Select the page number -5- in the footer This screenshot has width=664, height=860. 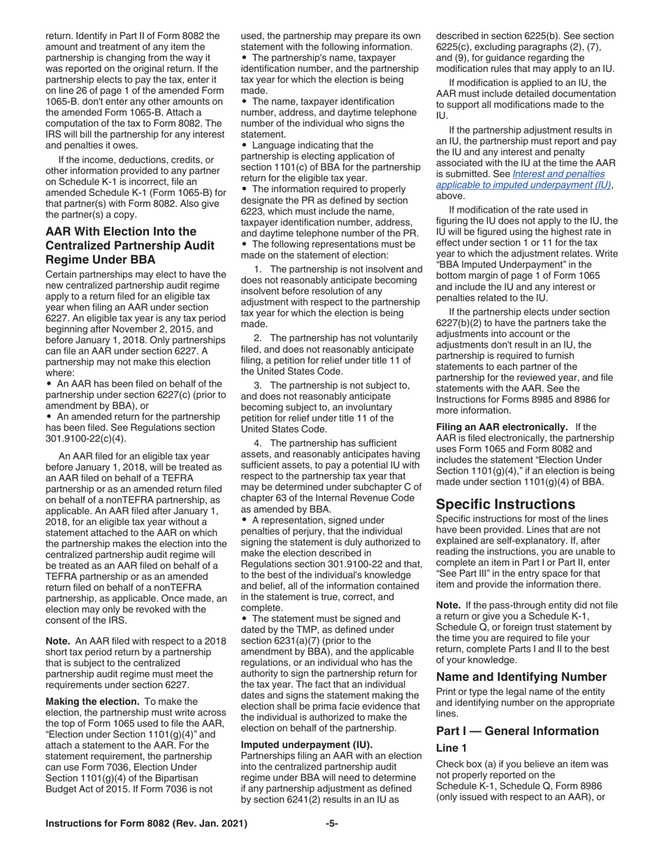click(332, 824)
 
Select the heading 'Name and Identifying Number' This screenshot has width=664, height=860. click(521, 677)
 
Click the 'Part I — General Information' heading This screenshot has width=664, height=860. click(517, 731)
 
